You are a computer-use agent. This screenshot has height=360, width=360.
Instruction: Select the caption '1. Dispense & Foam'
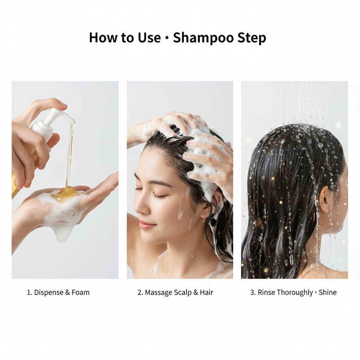pyautogui.click(x=58, y=292)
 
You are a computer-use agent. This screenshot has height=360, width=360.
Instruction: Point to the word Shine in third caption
pyautogui.click(x=327, y=292)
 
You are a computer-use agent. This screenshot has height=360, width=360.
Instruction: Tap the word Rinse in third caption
pyautogui.click(x=266, y=292)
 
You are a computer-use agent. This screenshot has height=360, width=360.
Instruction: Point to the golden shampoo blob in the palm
pyautogui.click(x=65, y=193)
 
